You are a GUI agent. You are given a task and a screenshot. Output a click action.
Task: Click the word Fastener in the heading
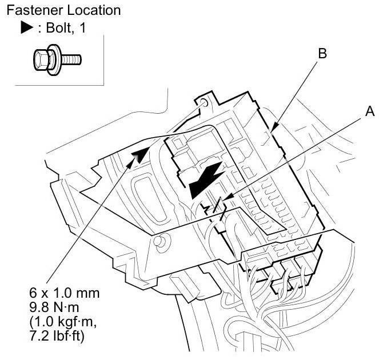pos(28,10)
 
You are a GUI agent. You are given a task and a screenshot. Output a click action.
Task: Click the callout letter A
pos(370,113)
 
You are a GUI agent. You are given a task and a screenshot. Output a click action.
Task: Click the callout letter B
pos(322,54)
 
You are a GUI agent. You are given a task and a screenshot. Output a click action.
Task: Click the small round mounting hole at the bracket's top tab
pos(204,103)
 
